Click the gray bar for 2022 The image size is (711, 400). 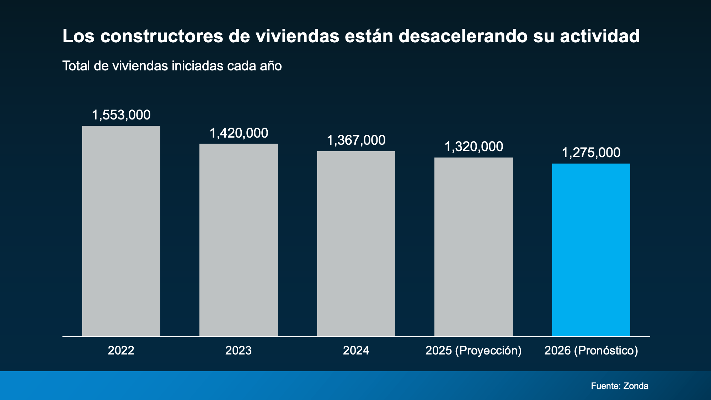[121, 231]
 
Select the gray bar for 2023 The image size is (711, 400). [239, 240]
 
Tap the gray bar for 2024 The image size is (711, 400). [356, 244]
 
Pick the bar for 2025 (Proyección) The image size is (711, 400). [474, 247]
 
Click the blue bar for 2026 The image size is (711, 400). [591, 250]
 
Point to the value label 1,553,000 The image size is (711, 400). [121, 115]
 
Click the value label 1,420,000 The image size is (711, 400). [239, 133]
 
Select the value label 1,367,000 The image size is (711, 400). [356, 140]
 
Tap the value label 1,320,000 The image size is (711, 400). [474, 147]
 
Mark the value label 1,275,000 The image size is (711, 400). [591, 153]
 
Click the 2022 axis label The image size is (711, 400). [121, 351]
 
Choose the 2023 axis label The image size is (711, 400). [239, 351]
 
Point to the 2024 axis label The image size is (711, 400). [356, 351]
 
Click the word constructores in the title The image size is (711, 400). [161, 36]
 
